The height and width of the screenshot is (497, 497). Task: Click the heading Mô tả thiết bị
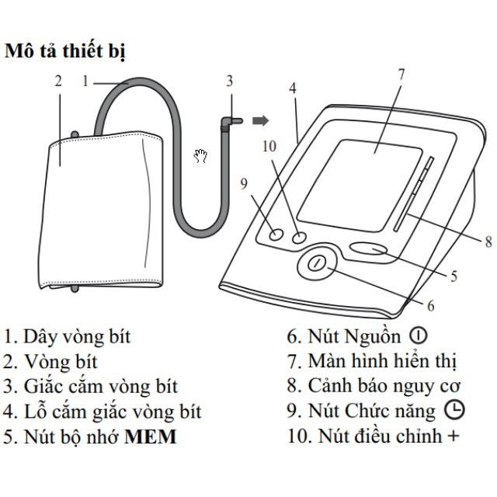[66, 53]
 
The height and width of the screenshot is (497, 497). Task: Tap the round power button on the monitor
[315, 264]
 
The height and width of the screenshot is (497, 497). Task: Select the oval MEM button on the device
[371, 249]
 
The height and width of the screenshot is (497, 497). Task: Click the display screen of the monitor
[373, 179]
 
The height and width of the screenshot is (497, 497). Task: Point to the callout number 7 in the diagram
[401, 75]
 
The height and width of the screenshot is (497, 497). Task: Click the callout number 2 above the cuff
[58, 80]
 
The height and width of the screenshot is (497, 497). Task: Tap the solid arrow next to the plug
[262, 120]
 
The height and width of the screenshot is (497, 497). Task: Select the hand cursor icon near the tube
[201, 156]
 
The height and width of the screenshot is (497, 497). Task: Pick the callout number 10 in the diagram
[269, 145]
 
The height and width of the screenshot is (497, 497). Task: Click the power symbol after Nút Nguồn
[419, 336]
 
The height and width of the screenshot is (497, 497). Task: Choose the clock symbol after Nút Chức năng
[454, 410]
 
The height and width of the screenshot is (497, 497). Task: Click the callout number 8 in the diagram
[488, 242]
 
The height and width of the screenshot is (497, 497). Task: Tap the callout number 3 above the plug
[229, 80]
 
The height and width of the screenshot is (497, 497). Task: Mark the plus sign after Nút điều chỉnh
[453, 436]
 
